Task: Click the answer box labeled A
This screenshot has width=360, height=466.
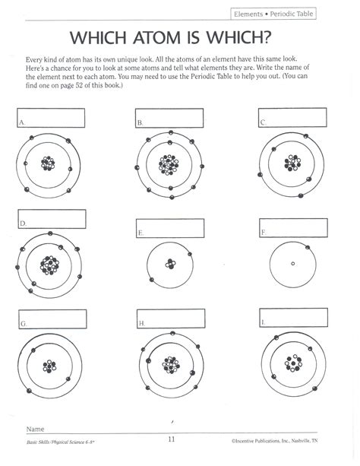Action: click(x=51, y=118)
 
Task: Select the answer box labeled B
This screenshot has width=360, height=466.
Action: click(x=169, y=118)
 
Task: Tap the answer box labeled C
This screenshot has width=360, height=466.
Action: click(x=292, y=118)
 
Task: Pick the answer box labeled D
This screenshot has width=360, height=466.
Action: click(x=52, y=219)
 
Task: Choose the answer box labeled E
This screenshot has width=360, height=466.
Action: click(x=170, y=228)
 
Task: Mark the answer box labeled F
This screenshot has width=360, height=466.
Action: click(x=293, y=228)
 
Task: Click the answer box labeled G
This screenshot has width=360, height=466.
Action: click(x=52, y=319)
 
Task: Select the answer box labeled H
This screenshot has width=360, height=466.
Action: click(x=171, y=319)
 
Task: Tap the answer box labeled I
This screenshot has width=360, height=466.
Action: click(x=294, y=318)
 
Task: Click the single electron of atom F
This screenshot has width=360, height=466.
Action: click(x=308, y=247)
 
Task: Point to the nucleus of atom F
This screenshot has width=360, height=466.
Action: click(x=293, y=263)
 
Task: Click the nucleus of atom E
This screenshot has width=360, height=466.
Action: click(x=170, y=264)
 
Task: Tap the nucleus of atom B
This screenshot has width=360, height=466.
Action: click(x=169, y=165)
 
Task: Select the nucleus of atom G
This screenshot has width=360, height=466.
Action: click(x=49, y=366)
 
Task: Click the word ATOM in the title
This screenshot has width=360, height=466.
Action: click(x=156, y=38)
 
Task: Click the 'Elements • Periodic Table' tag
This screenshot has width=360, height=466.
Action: click(x=273, y=14)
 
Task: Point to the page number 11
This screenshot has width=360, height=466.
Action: click(x=172, y=439)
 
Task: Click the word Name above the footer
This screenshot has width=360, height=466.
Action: click(x=35, y=429)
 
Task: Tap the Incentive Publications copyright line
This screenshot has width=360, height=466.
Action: click(x=274, y=441)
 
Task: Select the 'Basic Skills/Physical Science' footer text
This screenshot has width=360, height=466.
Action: click(x=61, y=442)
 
